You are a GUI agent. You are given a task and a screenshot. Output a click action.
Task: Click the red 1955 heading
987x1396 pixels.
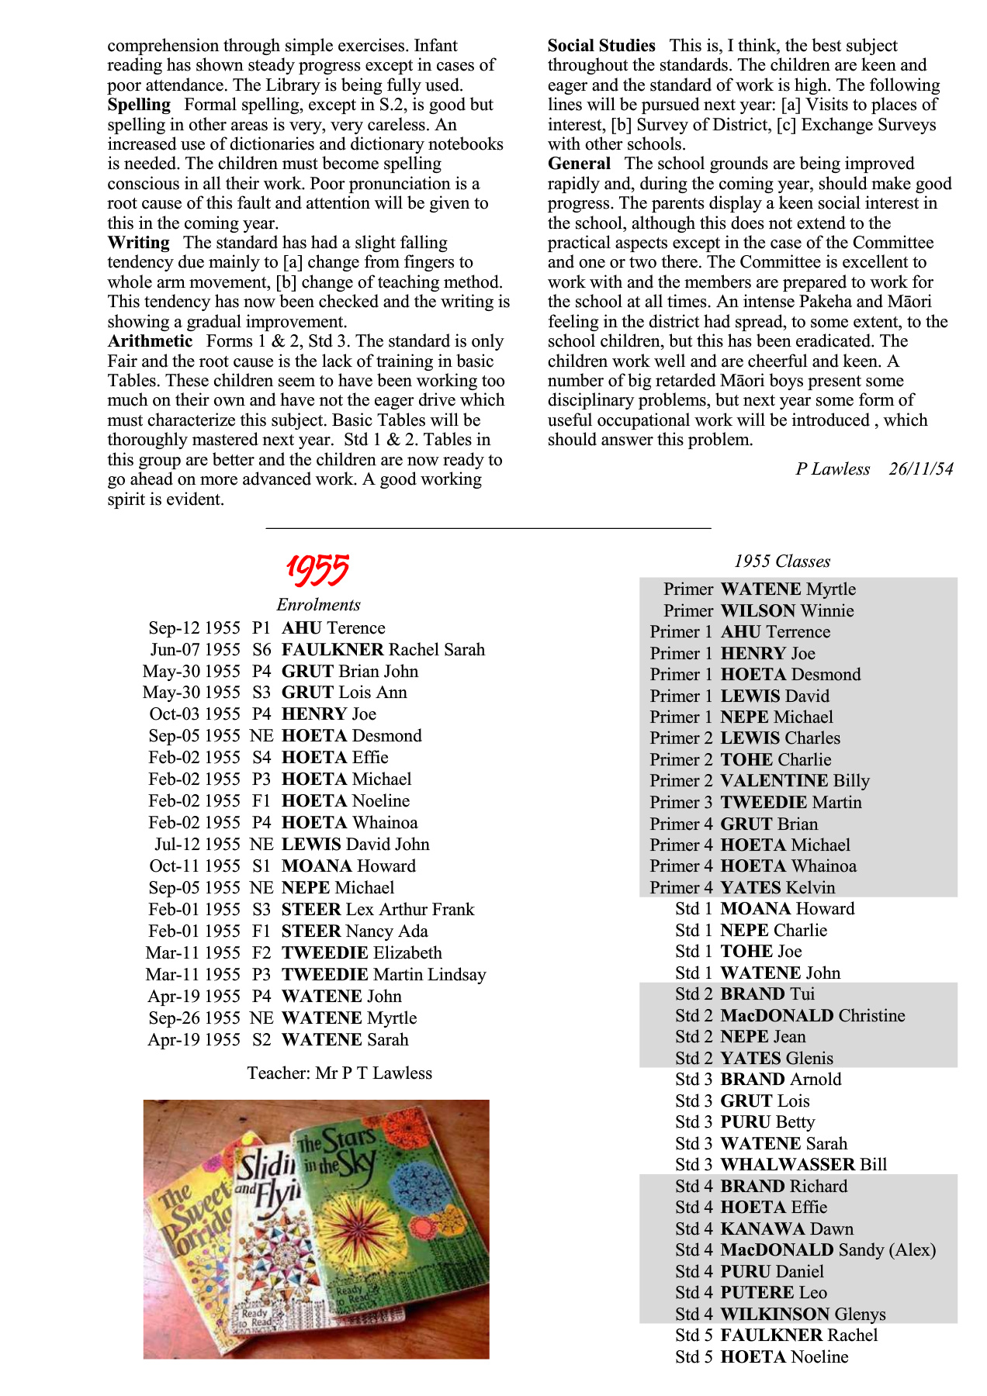coord(317,570)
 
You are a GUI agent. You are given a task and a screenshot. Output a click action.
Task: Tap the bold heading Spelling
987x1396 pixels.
coord(139,105)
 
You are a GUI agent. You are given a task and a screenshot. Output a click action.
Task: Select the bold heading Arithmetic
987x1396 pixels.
coord(150,341)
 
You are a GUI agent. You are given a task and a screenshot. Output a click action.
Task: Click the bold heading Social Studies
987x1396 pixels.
coord(601,46)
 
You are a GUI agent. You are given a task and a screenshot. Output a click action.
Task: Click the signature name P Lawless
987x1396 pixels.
coord(833,468)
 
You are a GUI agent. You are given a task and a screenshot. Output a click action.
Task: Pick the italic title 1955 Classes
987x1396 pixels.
coord(782,562)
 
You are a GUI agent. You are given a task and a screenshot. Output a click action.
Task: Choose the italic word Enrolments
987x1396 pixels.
coord(318,605)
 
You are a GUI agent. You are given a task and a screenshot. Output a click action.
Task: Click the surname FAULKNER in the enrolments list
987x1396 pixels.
coord(333,650)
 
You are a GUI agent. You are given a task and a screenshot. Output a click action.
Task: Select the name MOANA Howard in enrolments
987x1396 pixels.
coord(348,866)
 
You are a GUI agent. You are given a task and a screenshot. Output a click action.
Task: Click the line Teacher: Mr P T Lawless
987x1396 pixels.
coord(339,1073)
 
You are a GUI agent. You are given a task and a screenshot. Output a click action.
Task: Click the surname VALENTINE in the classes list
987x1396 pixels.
coord(774,781)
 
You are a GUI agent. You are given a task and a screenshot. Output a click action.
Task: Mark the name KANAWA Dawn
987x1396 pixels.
coord(787,1229)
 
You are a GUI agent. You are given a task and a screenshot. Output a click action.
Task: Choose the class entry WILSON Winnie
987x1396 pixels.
coord(787,611)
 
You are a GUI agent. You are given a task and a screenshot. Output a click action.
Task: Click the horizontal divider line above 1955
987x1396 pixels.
coord(488,528)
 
